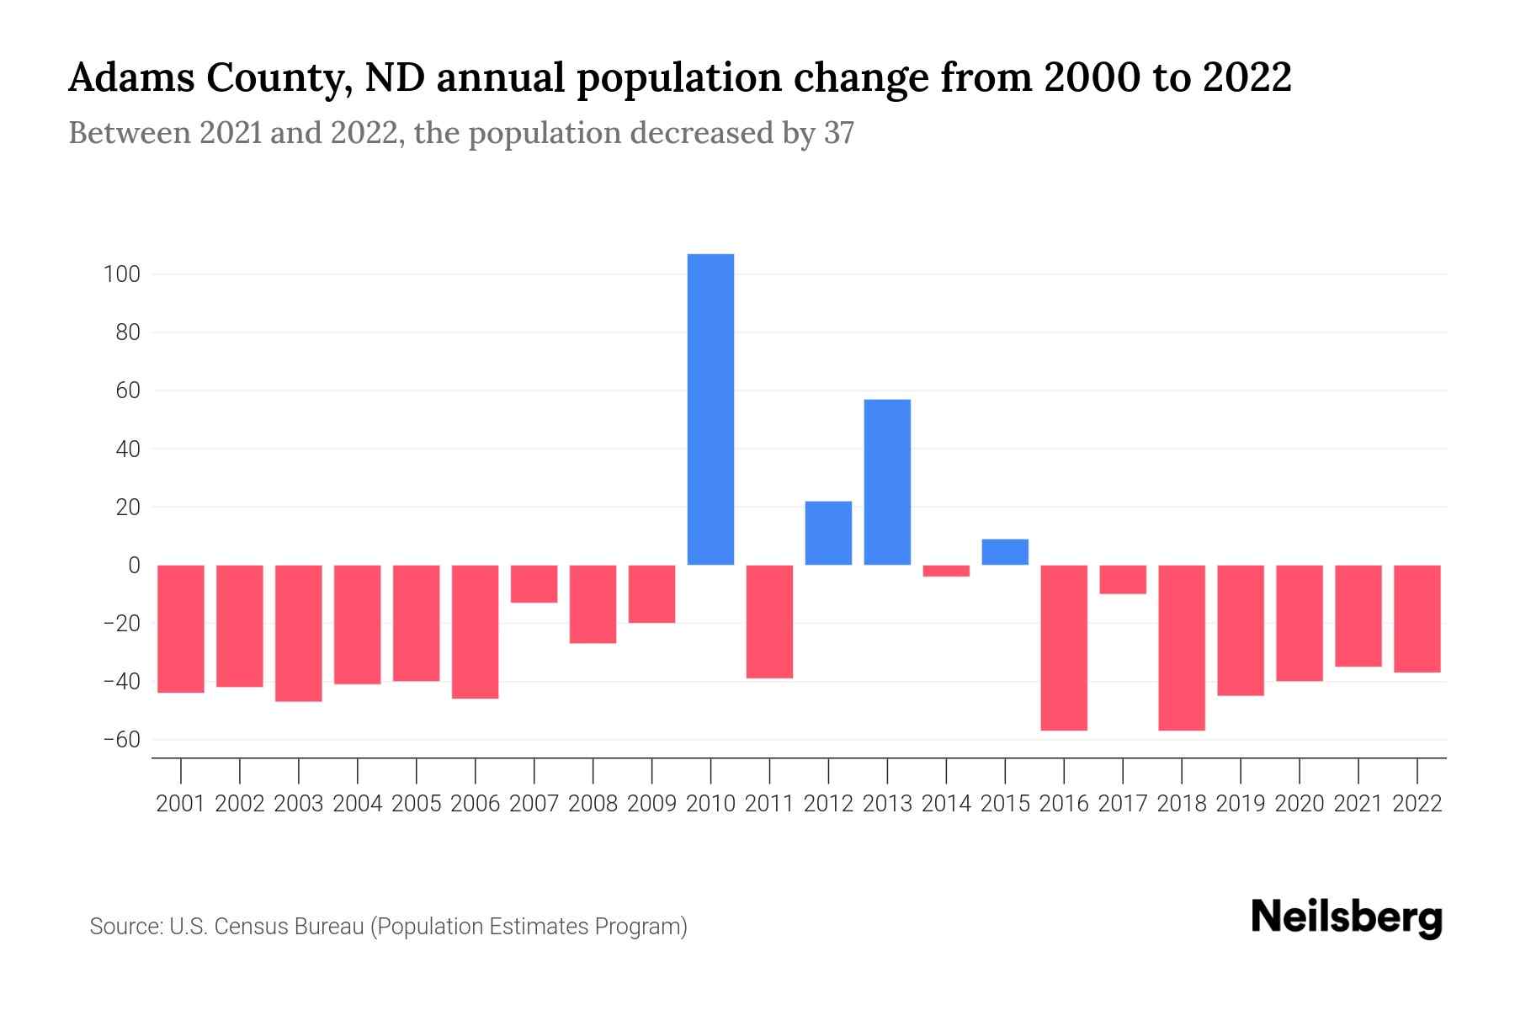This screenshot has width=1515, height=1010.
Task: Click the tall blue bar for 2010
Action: (710, 409)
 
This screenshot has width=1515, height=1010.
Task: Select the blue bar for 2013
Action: (887, 482)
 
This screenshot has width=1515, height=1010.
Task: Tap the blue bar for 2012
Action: (828, 533)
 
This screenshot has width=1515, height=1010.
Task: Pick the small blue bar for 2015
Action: (1005, 552)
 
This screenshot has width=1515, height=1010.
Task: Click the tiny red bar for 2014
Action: (946, 571)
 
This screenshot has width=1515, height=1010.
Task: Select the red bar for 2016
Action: (1064, 647)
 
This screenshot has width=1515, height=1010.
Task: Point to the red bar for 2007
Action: (534, 583)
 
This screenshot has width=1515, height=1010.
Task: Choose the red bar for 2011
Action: (769, 621)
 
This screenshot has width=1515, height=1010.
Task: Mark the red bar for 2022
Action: (1417, 619)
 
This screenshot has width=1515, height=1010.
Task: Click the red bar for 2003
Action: (299, 633)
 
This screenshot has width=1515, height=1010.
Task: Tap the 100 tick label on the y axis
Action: (122, 274)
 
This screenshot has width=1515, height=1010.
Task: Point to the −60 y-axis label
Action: (120, 740)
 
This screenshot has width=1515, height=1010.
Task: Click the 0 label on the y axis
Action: (133, 566)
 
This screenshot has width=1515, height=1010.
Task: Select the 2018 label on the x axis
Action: (1182, 804)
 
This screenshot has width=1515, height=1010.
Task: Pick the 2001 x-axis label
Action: (181, 804)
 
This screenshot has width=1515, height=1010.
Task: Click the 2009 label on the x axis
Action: (651, 804)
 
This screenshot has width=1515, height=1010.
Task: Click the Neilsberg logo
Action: (1346, 918)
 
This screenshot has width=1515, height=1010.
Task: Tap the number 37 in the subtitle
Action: (838, 133)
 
